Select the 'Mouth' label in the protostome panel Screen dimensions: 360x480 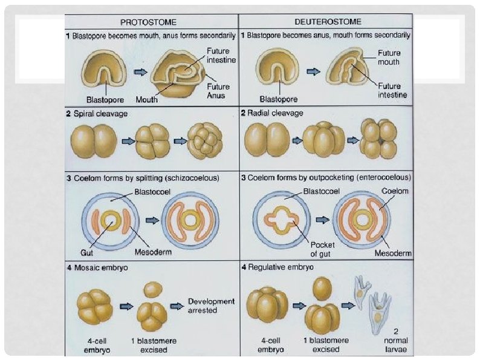tap(147, 100)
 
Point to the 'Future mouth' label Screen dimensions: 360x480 tap(388, 57)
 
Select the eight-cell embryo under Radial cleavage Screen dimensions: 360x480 tap(378, 139)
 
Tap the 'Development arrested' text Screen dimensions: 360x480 tap(203, 306)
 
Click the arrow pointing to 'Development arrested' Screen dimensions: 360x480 tap(177, 306)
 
